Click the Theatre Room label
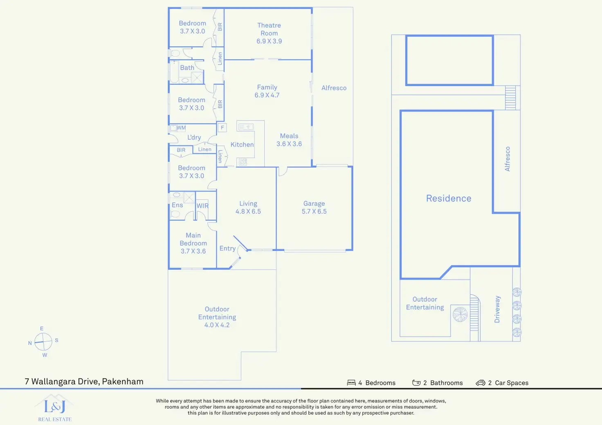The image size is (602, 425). (269, 29)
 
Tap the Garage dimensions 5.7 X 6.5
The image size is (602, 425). (314, 211)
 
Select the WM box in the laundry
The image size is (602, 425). (181, 128)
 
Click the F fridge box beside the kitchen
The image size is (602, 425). (222, 127)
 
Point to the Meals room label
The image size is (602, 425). (289, 136)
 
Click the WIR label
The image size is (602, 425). (202, 206)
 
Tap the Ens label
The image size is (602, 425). (177, 205)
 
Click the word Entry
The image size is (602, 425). (227, 248)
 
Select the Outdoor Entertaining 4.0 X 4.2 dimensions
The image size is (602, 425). (217, 325)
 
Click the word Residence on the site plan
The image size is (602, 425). (449, 198)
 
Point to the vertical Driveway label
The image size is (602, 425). (497, 309)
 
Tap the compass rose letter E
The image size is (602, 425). (42, 329)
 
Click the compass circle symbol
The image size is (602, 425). (43, 342)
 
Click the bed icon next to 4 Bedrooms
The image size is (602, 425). (351, 383)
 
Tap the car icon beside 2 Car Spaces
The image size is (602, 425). (481, 383)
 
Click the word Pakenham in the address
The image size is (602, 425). (123, 381)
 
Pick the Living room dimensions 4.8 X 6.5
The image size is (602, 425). (248, 211)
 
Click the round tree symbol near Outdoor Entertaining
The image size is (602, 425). (460, 314)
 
